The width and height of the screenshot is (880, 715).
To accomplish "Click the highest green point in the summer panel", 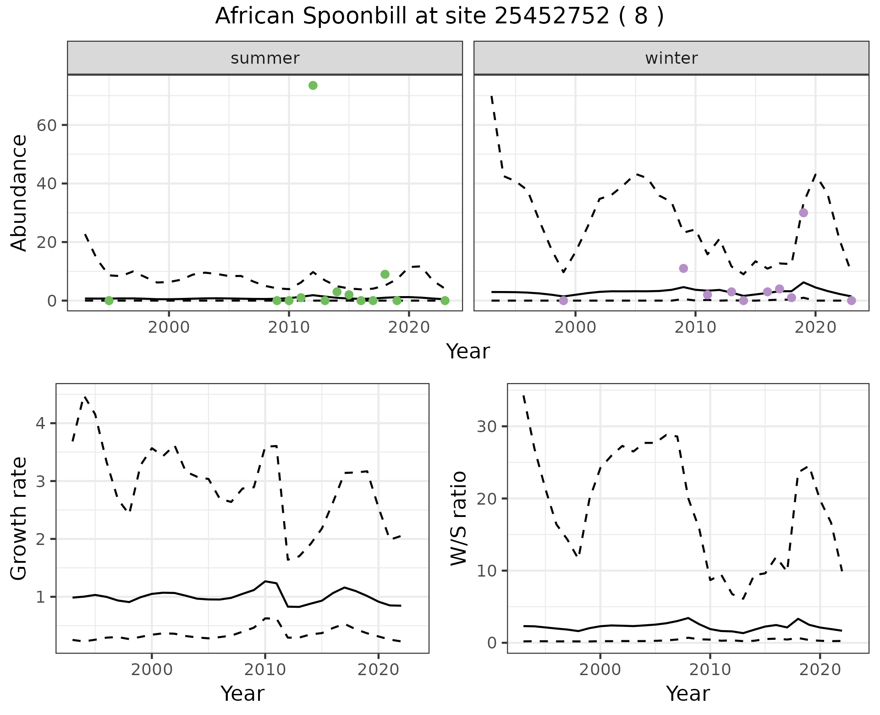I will click(x=313, y=85).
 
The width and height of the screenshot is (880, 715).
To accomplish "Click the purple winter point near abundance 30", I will click(x=803, y=213).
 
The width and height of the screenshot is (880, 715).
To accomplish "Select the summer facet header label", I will click(x=265, y=58).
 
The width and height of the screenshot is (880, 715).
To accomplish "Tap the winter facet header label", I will click(x=671, y=58).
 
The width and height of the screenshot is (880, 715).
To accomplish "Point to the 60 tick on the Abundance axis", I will click(x=46, y=125).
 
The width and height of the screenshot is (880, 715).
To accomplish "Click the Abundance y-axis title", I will click(x=19, y=192).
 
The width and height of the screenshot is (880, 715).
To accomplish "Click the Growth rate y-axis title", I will click(x=19, y=518).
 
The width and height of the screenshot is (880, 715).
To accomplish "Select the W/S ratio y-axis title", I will click(x=459, y=518).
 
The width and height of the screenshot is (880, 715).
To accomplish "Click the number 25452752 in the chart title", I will click(x=552, y=16).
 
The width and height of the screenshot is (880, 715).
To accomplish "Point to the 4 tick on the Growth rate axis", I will click(x=41, y=423).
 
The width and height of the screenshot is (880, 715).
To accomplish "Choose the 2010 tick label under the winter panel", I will click(x=695, y=328).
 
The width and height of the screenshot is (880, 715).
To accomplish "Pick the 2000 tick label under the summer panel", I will click(x=169, y=328).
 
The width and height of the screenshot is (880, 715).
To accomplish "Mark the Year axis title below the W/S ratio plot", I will click(x=688, y=694).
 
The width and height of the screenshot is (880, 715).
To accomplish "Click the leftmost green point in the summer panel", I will click(x=109, y=301).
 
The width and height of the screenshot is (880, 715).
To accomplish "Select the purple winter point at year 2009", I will click(x=683, y=268).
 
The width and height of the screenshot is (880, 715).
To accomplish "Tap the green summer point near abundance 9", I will click(x=385, y=274).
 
